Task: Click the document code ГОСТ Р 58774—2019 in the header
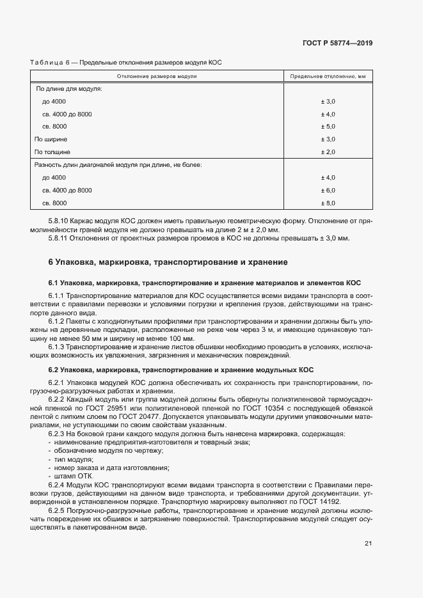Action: click(x=337, y=43)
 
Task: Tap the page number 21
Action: click(x=368, y=544)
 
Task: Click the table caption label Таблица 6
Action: click(x=50, y=62)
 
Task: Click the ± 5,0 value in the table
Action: click(x=328, y=127)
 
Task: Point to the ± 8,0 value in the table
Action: click(x=328, y=203)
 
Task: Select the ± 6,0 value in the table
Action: click(x=328, y=191)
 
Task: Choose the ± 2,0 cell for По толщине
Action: click(x=328, y=152)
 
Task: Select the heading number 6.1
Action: click(x=54, y=282)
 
